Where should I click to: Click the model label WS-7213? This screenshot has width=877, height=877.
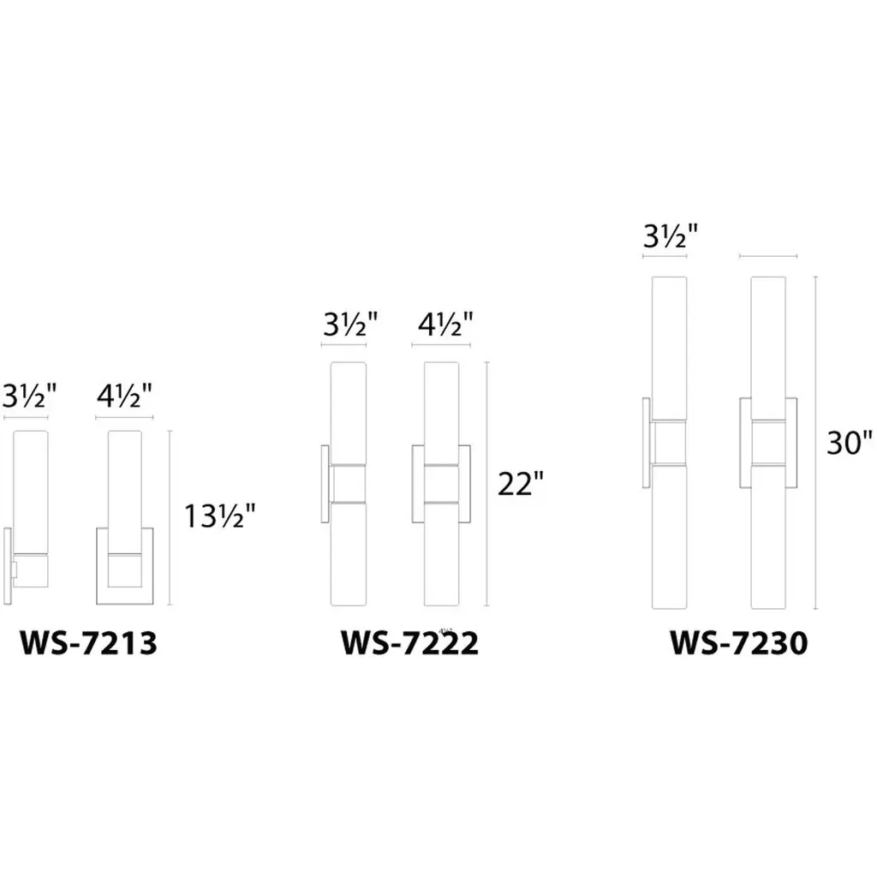(x=88, y=643)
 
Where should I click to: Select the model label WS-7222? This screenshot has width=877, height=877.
(x=409, y=643)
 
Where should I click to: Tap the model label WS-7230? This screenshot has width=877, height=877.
(x=739, y=643)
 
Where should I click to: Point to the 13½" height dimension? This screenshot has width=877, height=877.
(x=220, y=516)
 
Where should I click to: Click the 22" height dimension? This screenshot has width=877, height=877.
(x=520, y=484)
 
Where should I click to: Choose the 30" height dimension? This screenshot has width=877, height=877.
(x=850, y=443)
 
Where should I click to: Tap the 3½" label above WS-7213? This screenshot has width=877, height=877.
(x=29, y=397)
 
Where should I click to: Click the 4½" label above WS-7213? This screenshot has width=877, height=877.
(x=124, y=397)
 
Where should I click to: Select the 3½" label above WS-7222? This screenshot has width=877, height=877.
(x=350, y=325)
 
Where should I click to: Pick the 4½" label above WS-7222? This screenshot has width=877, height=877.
(x=445, y=325)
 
